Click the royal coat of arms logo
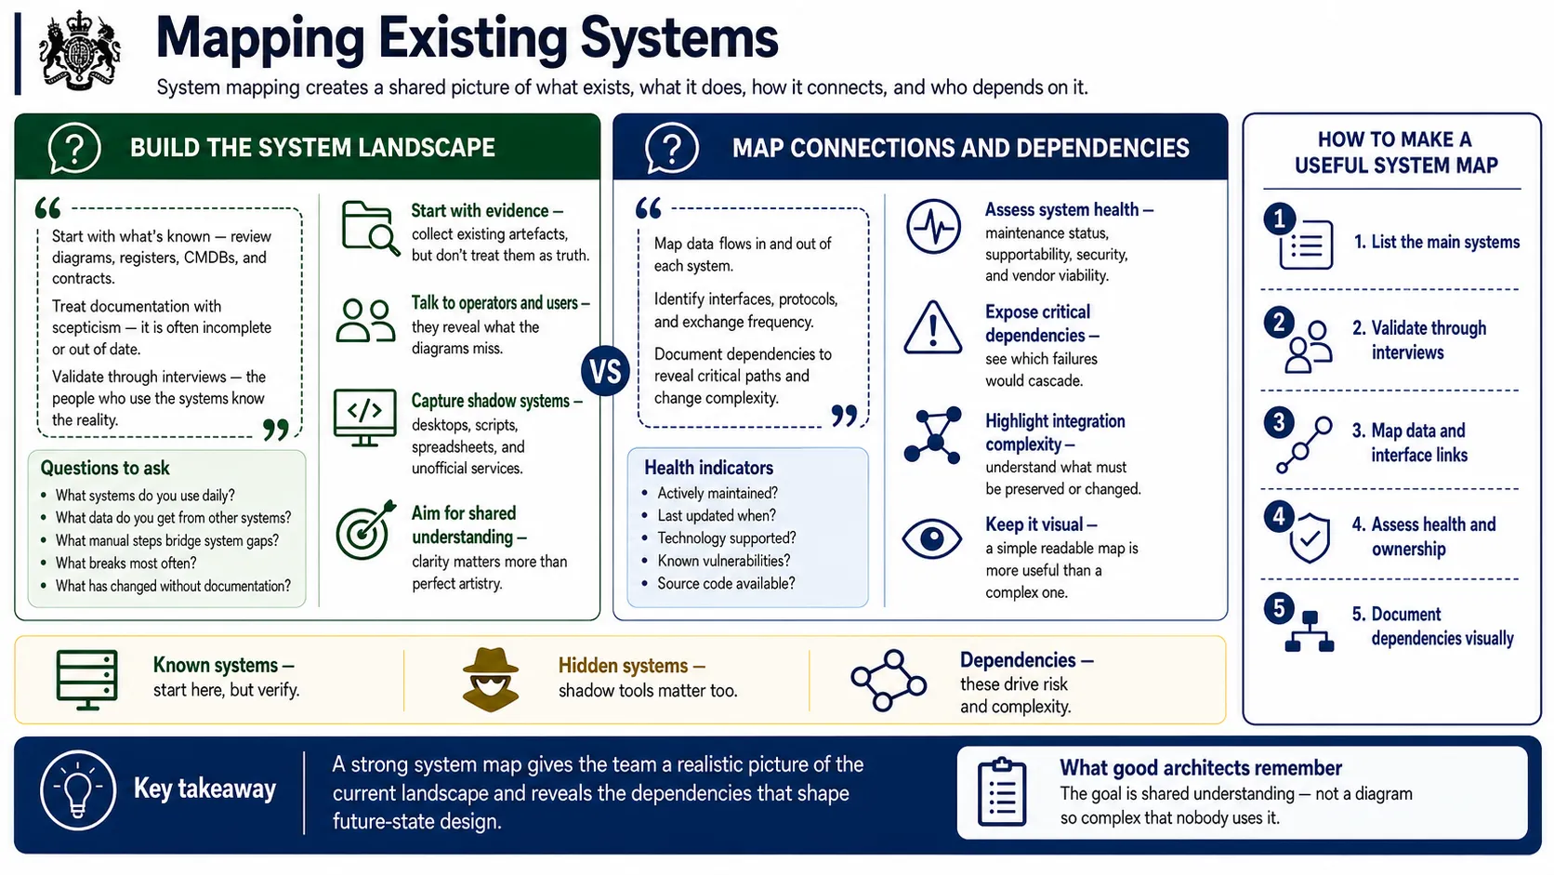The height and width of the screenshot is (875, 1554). pos(80,50)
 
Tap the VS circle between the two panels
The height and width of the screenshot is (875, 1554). pos(605,371)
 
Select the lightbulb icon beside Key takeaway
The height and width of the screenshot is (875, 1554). pos(78,789)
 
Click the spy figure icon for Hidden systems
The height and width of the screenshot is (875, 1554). pos(491,680)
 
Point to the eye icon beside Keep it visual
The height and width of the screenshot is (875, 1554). pos(931,538)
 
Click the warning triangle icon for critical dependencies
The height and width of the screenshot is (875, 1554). pos(933,327)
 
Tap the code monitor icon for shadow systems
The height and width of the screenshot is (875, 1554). pos(365,418)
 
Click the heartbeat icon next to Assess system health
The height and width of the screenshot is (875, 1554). pos(933,226)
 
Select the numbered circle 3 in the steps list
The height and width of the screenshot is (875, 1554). pos(1279,422)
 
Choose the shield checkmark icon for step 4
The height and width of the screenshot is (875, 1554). pos(1310,537)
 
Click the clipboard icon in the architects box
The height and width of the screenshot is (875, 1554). pos(1001,792)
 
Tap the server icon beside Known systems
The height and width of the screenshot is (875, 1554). pos(86,680)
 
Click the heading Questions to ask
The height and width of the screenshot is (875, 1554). pos(105,468)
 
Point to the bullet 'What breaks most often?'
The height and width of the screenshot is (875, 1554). pos(125,563)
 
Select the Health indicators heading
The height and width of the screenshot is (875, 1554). pos(708,468)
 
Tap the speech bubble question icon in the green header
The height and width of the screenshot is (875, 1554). pos(73,148)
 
